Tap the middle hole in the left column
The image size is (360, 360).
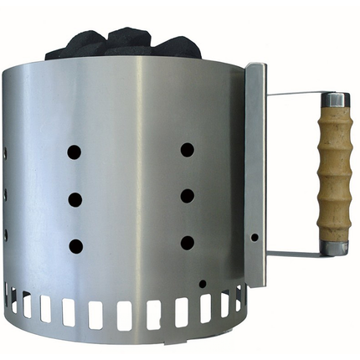[x=75, y=199]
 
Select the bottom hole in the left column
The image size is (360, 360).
[x=75, y=246]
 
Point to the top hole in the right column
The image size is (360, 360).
[x=187, y=149]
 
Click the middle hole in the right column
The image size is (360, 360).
[x=187, y=196]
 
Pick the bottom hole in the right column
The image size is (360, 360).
[x=187, y=243]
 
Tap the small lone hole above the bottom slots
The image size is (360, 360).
[x=202, y=284]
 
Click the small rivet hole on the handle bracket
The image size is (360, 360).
[x=255, y=238]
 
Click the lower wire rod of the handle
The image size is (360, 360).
[x=293, y=252]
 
